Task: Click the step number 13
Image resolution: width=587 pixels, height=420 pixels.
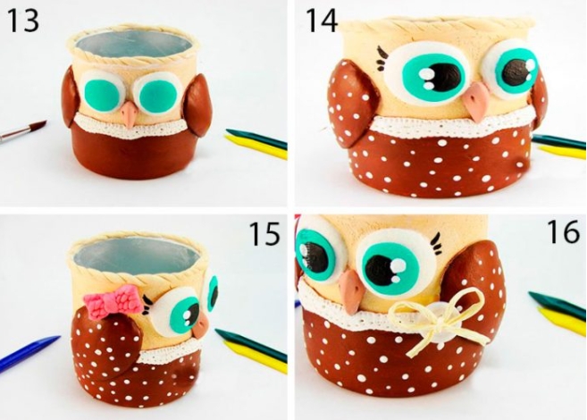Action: [x=23, y=21]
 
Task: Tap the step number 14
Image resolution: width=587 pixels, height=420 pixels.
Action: [x=322, y=21]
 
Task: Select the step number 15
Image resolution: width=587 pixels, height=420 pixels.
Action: [x=264, y=234]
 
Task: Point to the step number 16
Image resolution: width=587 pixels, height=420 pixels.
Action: [x=563, y=231]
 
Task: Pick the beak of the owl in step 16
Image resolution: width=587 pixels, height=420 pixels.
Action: [x=351, y=290]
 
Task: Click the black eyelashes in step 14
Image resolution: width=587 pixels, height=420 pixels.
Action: [x=382, y=58]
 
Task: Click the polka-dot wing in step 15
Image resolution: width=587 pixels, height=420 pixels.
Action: [x=107, y=344]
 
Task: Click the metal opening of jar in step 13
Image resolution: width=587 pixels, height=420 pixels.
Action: [x=136, y=46]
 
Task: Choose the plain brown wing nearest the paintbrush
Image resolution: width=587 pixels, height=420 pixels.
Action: [x=71, y=97]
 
